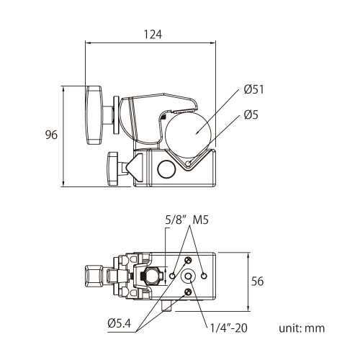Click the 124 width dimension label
[152, 34]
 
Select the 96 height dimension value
[50, 135]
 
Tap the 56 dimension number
[257, 282]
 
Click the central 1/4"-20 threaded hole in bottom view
[189, 276]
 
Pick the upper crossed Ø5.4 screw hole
[188, 261]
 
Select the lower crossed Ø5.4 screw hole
[188, 292]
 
